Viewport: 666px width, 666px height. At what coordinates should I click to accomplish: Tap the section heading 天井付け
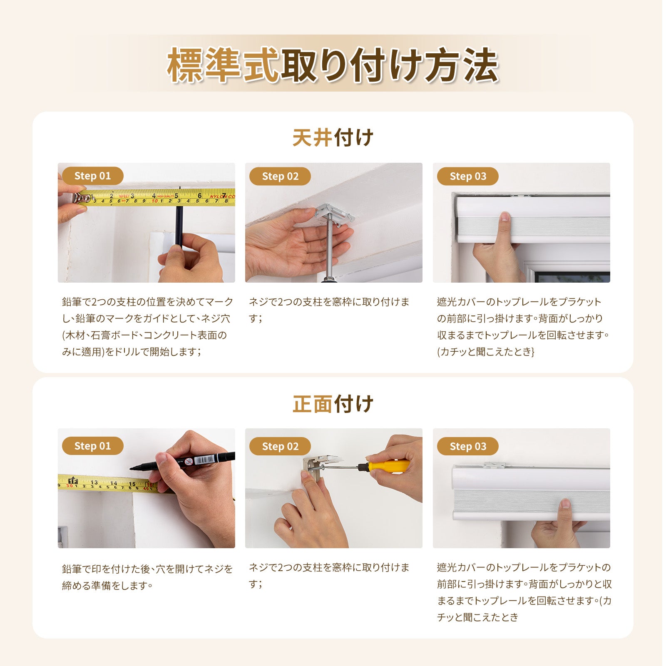333,138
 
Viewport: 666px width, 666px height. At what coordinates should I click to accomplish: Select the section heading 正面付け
333,404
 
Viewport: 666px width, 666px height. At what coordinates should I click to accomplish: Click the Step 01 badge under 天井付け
92,176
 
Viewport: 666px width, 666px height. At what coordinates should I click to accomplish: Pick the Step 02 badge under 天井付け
280,176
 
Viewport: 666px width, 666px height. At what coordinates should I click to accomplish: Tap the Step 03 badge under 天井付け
468,176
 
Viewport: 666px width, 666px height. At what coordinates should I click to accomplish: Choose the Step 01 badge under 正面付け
92,446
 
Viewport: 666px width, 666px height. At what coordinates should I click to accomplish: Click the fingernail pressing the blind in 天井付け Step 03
505,217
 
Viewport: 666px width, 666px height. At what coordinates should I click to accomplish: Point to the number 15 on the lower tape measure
132,484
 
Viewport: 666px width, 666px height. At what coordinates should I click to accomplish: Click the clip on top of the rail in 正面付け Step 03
495,465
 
